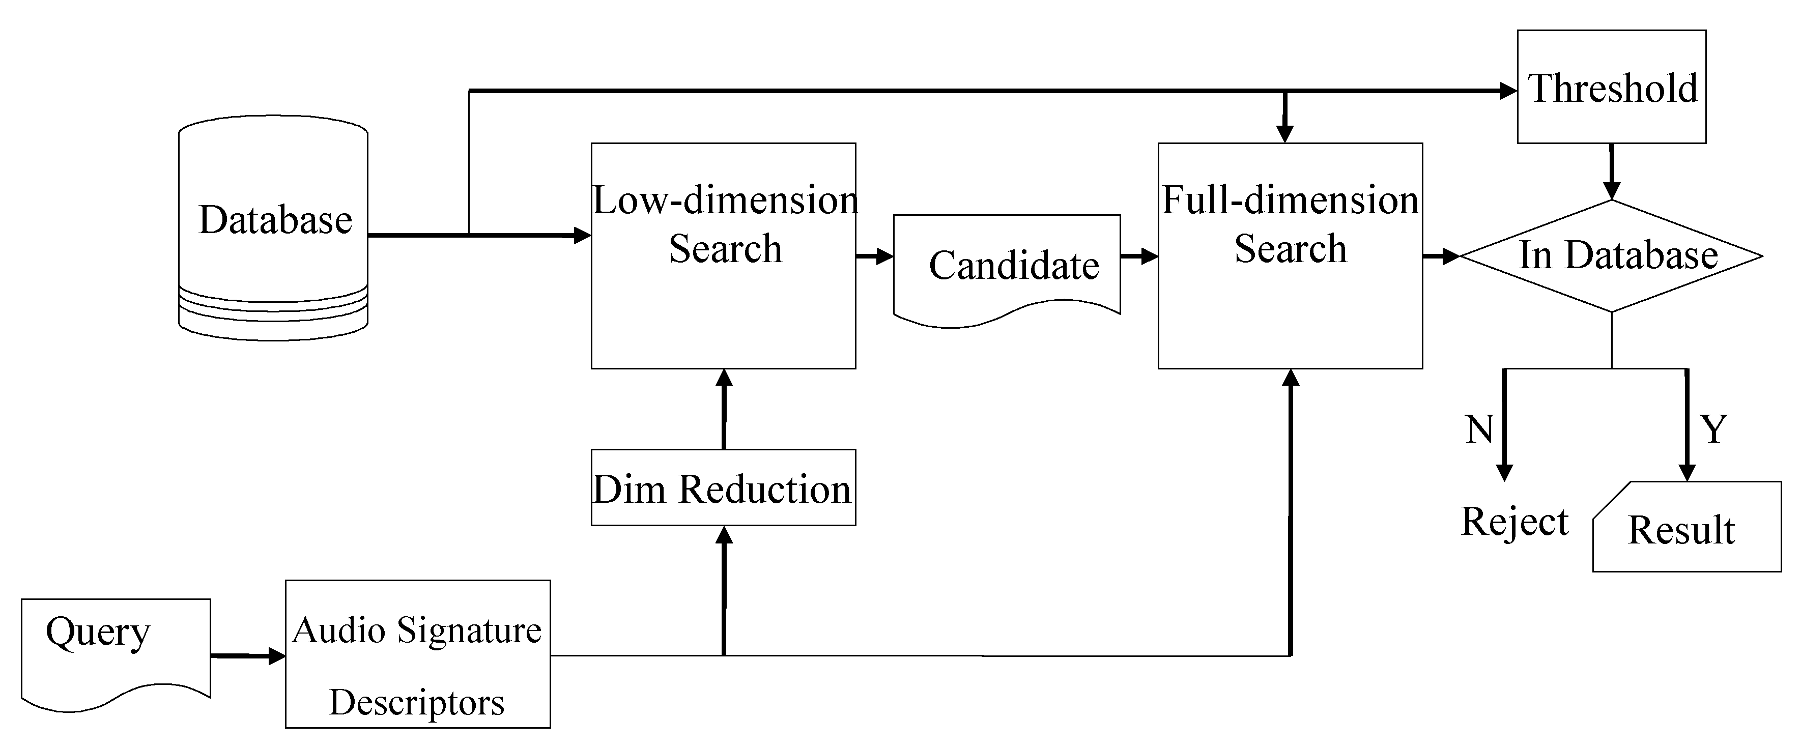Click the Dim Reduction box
(x=723, y=487)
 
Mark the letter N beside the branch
(x=1479, y=429)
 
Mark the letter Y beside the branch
(x=1713, y=428)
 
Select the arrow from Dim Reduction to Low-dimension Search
(x=724, y=409)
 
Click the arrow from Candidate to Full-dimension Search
(x=1139, y=256)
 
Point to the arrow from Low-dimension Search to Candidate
(x=874, y=256)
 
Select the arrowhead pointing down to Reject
(x=1504, y=472)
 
